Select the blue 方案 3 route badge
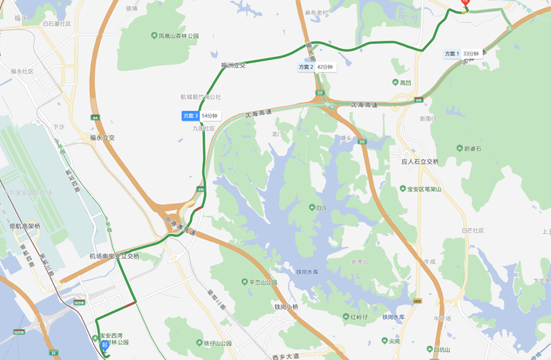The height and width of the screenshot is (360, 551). click(x=190, y=116)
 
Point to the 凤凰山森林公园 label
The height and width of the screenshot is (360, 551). click(x=175, y=36)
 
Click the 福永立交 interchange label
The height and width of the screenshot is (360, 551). click(x=102, y=138)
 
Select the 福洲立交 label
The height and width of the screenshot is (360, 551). click(x=233, y=65)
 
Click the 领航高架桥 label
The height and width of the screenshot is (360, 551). click(x=25, y=226)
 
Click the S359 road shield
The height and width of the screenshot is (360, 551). click(x=417, y=301)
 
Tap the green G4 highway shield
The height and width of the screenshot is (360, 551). click(x=96, y=118)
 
